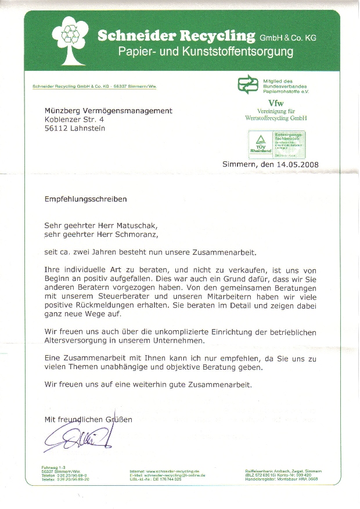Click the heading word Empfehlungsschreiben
[x=85, y=198]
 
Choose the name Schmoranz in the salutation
[x=133, y=234]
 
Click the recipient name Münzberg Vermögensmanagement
[x=108, y=111]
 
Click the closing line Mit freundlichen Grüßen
[x=88, y=419]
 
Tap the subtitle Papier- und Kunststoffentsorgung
[x=206, y=52]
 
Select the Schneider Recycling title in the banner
[x=176, y=36]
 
